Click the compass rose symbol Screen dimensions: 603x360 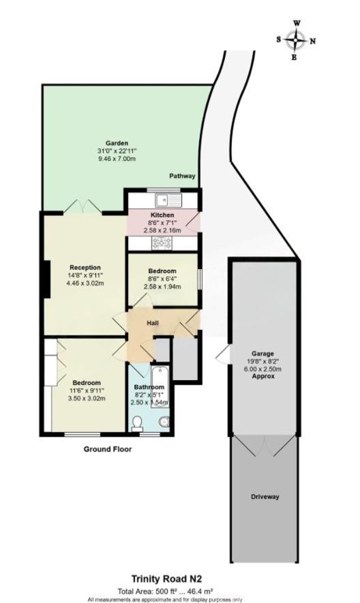[296, 40]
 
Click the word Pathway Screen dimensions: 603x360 [183, 176]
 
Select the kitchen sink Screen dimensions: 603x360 [166, 200]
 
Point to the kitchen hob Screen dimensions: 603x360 [164, 242]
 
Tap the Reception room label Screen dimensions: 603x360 [85, 267]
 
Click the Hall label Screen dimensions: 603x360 [154, 322]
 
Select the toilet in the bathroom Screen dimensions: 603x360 [137, 424]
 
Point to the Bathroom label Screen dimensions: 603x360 [149, 388]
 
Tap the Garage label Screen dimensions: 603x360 [262, 354]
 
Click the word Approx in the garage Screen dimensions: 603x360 [262, 376]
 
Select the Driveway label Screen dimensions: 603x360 [265, 497]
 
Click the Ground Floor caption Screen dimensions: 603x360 [108, 450]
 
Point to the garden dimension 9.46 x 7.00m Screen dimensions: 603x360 [116, 159]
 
